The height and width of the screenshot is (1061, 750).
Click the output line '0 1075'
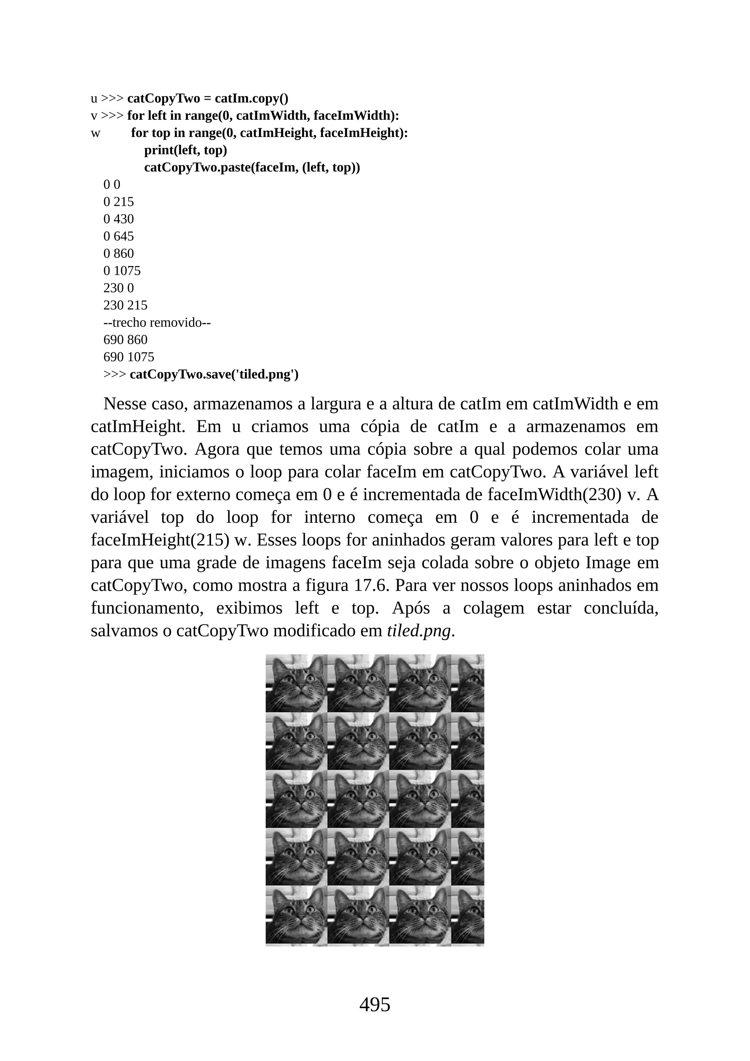[x=122, y=271]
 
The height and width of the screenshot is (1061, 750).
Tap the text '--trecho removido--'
[x=157, y=322]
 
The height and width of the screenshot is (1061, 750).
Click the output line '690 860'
[x=125, y=340]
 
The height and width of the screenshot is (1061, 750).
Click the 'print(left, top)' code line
[x=185, y=150]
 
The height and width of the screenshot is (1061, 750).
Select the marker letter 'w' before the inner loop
[x=95, y=134]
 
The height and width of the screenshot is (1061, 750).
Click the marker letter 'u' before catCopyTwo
[x=94, y=99]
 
